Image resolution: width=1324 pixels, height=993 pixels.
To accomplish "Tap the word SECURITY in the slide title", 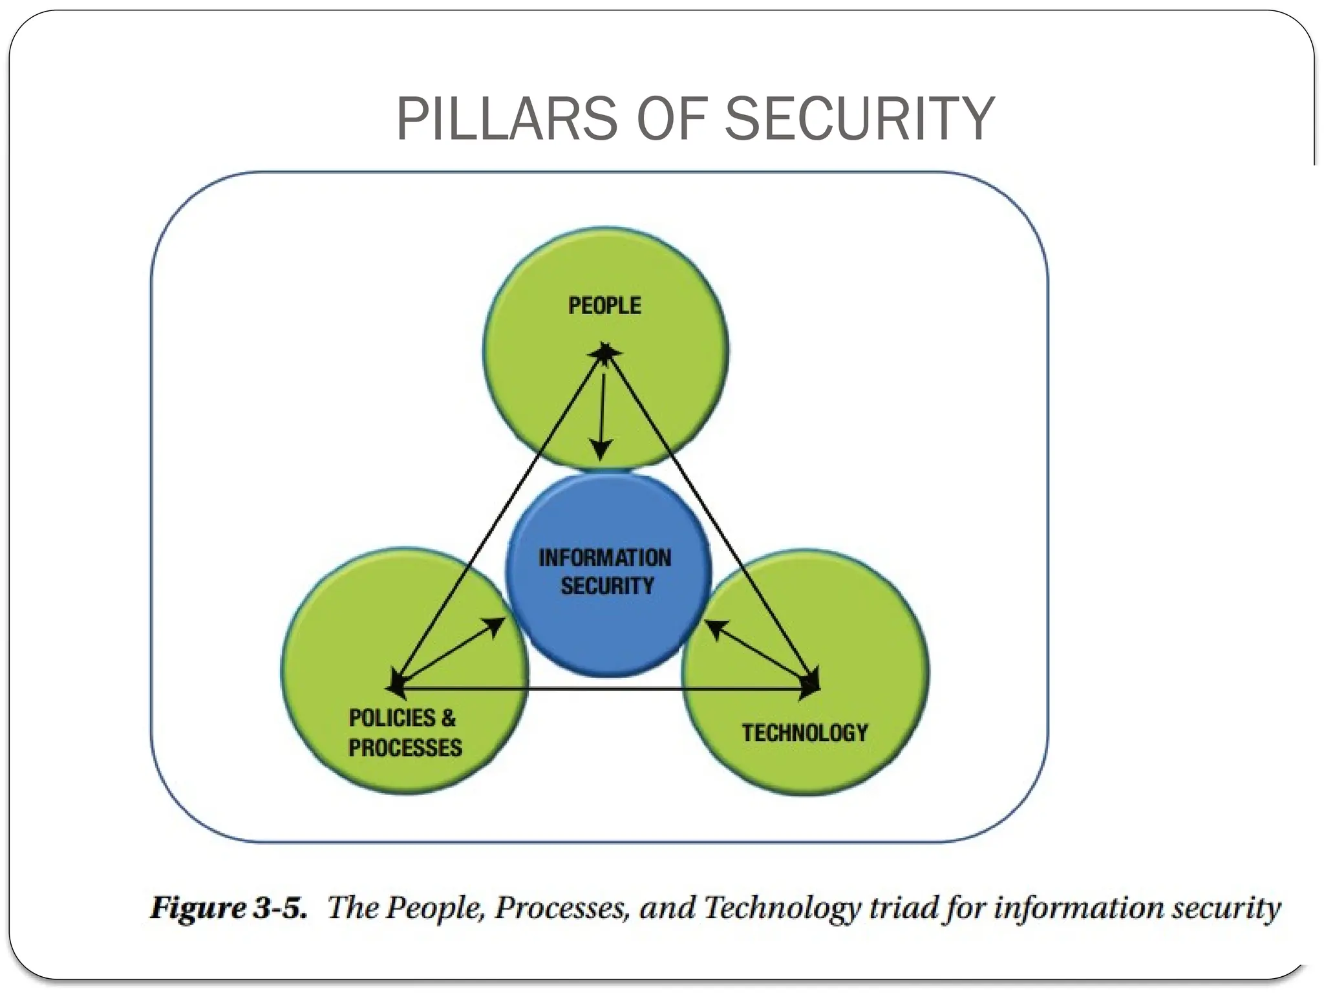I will click(859, 119).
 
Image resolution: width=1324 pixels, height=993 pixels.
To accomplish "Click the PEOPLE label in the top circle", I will click(604, 305).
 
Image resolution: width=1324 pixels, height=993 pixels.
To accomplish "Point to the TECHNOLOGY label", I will click(805, 732).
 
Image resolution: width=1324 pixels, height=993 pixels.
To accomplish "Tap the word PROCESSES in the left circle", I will click(405, 748).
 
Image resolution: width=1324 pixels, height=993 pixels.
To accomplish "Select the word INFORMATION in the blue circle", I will click(605, 557).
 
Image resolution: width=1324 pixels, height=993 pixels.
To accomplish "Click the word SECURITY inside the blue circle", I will click(607, 586).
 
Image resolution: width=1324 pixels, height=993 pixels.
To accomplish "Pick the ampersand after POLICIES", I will click(448, 718).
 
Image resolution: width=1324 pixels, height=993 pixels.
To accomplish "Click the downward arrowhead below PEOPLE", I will click(601, 449).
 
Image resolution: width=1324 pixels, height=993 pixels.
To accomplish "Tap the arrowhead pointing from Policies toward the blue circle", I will click(496, 625).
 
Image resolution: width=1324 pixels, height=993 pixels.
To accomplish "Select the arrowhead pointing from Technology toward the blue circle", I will click(714, 628).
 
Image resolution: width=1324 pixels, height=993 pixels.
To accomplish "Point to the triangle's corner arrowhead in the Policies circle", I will click(395, 686).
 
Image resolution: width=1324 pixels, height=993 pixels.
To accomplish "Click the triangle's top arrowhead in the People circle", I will click(605, 352).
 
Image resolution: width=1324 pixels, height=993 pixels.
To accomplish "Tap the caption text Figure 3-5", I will click(228, 908).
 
